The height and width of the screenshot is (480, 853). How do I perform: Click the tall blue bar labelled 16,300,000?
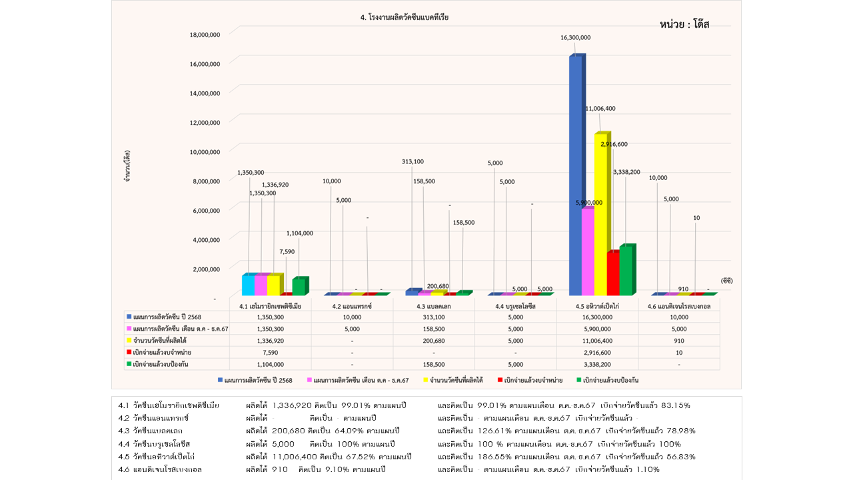[576, 173]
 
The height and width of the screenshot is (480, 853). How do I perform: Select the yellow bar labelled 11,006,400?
[602, 213]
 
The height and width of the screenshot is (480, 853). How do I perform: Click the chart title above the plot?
[404, 18]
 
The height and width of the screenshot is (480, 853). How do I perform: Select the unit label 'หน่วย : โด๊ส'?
[684, 25]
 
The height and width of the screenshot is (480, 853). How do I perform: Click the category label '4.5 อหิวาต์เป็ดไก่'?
[597, 306]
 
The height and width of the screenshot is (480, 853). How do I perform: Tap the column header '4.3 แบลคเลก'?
[434, 306]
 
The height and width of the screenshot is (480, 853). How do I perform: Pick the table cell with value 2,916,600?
[597, 352]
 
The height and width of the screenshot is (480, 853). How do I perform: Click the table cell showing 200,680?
[434, 341]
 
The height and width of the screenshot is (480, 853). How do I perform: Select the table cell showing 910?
[678, 341]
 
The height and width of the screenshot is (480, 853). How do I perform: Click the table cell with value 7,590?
[271, 352]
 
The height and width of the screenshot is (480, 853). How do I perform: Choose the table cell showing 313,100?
[434, 317]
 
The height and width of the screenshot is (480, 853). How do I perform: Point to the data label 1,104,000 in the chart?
[299, 233]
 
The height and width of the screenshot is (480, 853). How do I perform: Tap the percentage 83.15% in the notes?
[674, 405]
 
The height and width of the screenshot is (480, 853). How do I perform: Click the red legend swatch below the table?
[499, 380]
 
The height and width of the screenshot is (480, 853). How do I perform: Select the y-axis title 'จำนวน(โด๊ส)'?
[126, 166]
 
